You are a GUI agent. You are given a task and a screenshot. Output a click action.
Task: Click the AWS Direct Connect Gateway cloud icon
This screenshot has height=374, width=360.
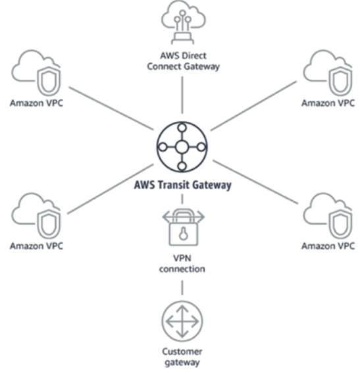tap(182, 25)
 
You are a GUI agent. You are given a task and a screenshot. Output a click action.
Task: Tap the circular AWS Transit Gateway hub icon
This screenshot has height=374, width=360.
tap(182, 146)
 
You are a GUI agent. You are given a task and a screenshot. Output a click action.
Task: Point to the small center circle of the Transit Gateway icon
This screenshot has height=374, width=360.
tap(182, 146)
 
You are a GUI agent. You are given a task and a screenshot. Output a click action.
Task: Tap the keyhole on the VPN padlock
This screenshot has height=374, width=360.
tap(182, 231)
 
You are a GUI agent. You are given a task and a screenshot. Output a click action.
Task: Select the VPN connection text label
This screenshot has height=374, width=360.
tap(182, 264)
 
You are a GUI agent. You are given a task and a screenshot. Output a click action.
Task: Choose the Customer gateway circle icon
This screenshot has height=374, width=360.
tap(182, 322)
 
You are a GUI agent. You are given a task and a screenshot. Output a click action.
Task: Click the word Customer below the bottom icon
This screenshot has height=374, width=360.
tap(182, 351)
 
